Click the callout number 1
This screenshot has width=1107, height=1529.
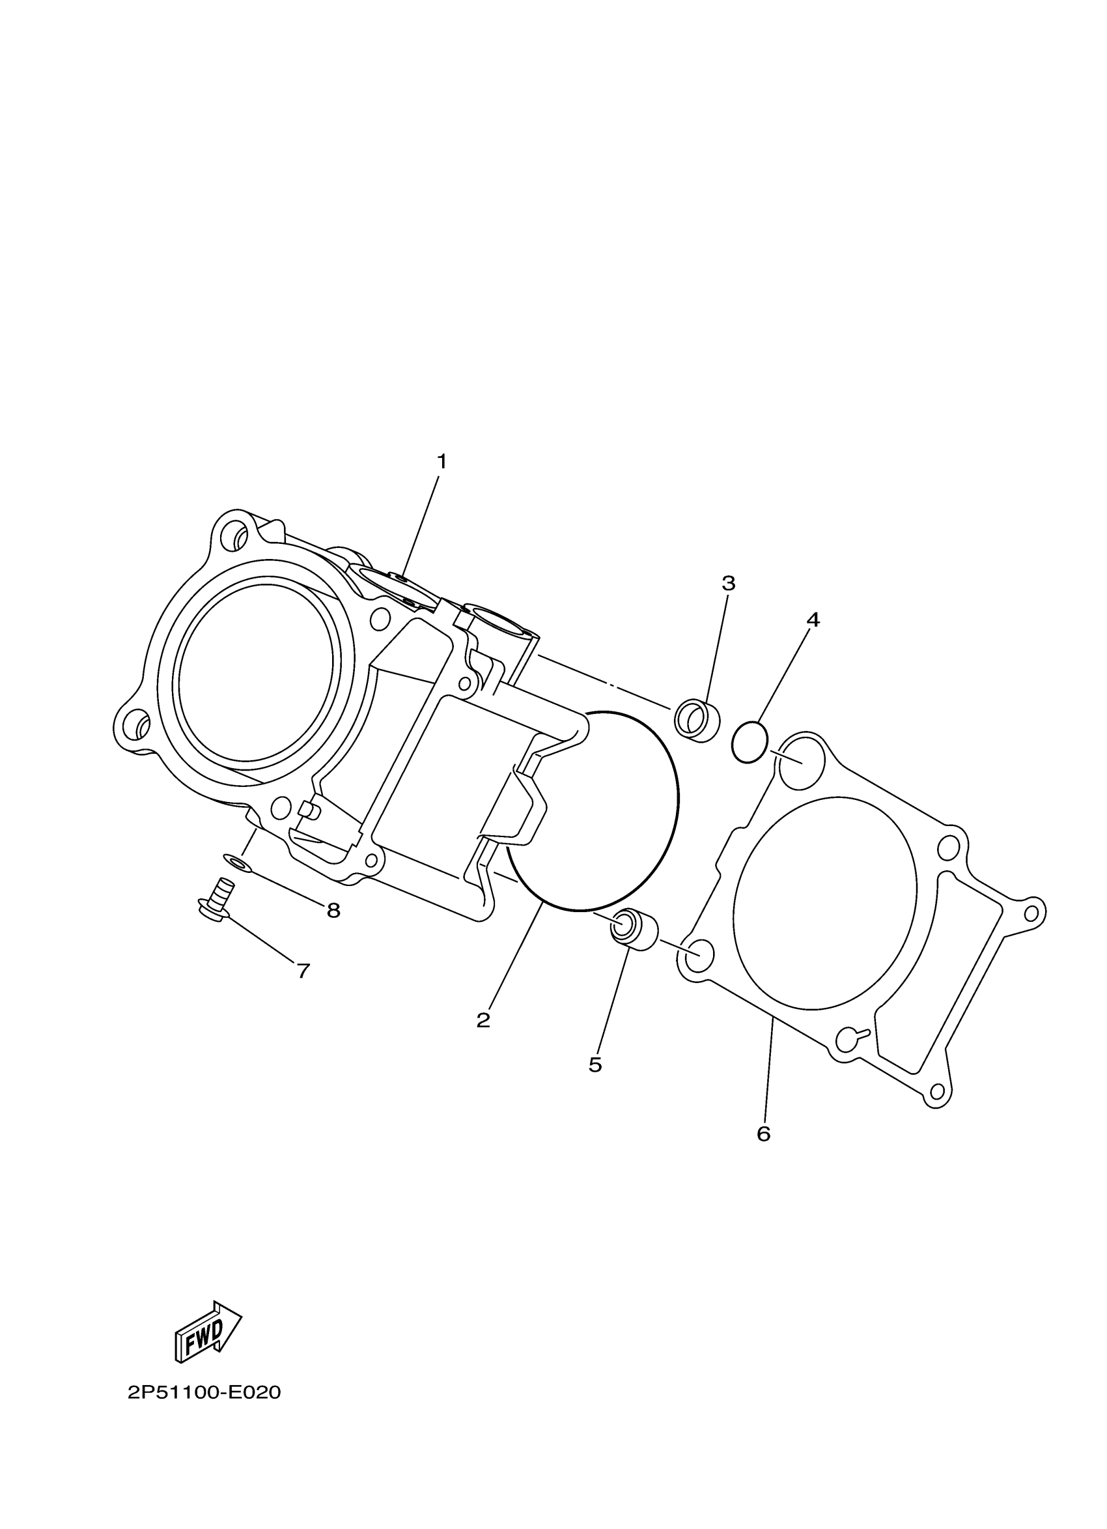coord(441,463)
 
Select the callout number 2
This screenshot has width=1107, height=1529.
coord(483,1021)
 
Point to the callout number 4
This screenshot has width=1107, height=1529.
coord(813,620)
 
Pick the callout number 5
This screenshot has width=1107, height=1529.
coord(595,1065)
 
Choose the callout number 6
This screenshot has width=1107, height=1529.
coord(763,1134)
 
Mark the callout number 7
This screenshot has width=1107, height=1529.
coord(303,971)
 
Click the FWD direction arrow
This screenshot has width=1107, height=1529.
coord(208,1330)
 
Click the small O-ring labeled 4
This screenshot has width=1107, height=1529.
coord(750,741)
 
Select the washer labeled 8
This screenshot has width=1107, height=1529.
coord(236,861)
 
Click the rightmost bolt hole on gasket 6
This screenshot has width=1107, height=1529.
coord(1031,913)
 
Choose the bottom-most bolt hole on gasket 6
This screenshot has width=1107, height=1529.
coord(936,1091)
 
